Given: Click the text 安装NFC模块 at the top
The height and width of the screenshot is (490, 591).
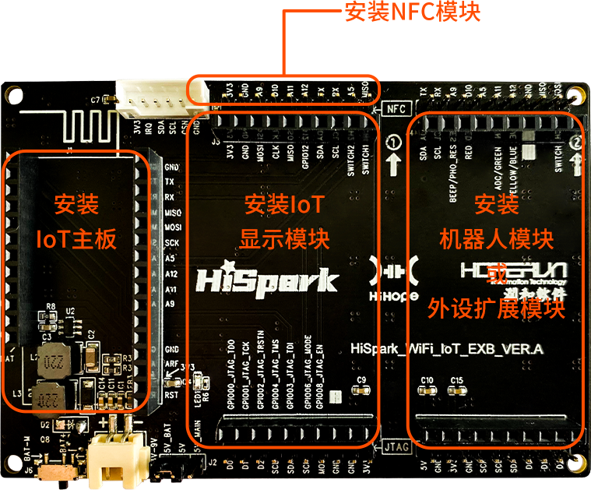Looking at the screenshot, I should pos(412,11).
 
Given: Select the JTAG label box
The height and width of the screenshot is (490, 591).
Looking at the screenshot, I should pos(396,447).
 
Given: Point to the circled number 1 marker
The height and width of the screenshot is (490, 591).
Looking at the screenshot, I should pos(393,143).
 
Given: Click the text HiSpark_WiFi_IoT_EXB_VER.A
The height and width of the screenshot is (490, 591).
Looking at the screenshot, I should pos(447,350).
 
